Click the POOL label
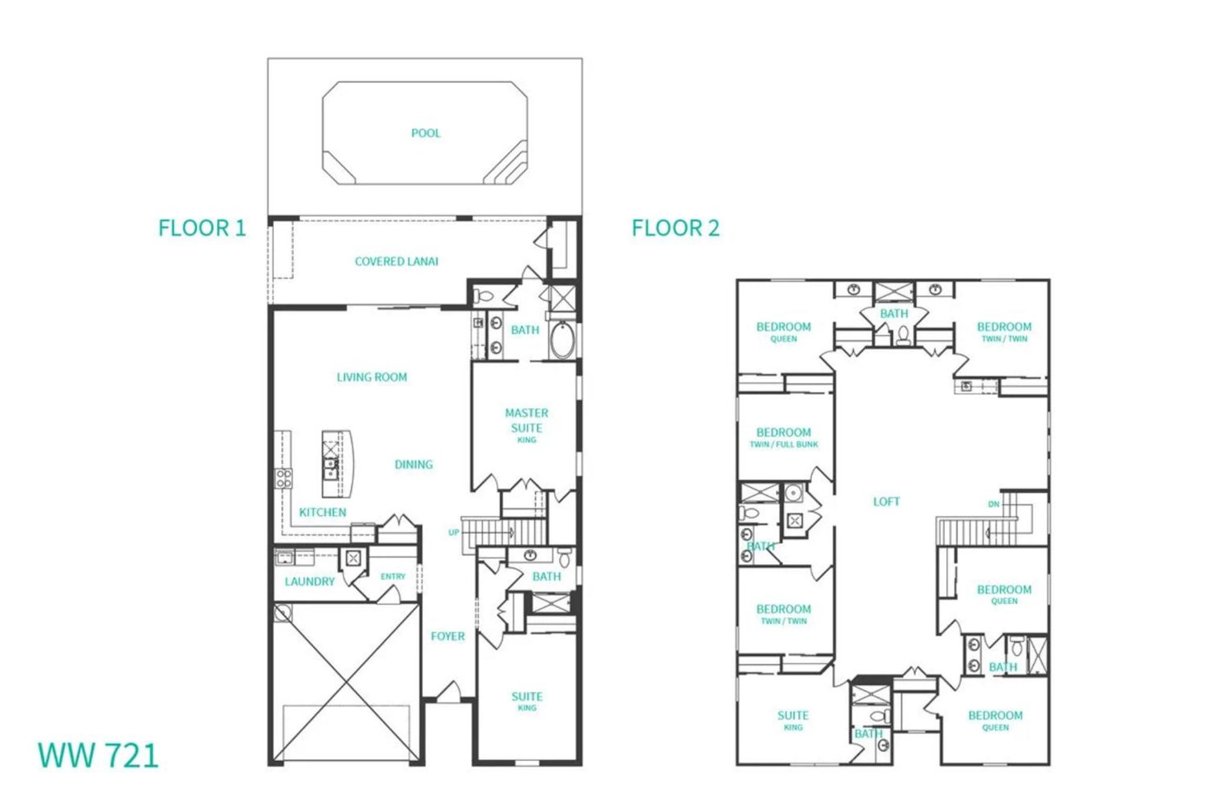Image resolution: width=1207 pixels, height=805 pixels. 426,133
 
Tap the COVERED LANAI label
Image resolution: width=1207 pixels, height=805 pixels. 396,261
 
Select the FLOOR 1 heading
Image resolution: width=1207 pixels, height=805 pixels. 202,228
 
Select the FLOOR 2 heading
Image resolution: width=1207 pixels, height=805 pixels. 676,228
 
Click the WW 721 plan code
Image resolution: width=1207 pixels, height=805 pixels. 98,756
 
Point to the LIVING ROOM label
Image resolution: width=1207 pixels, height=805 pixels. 372,377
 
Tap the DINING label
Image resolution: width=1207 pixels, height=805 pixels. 413,465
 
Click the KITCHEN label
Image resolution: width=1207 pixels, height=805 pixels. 323,512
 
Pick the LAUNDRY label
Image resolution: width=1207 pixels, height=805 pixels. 310,582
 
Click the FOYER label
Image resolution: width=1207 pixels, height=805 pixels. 447,636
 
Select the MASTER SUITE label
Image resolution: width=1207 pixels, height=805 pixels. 526,420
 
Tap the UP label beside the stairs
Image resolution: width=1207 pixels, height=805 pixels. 453,532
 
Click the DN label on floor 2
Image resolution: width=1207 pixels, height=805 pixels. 994,504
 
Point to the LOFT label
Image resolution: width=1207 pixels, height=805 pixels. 886,502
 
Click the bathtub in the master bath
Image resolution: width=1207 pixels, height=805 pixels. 562,340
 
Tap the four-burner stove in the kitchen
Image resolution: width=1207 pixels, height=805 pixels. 283,478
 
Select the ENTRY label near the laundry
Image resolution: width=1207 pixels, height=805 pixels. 393,577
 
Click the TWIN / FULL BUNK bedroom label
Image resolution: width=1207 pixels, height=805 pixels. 784,445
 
